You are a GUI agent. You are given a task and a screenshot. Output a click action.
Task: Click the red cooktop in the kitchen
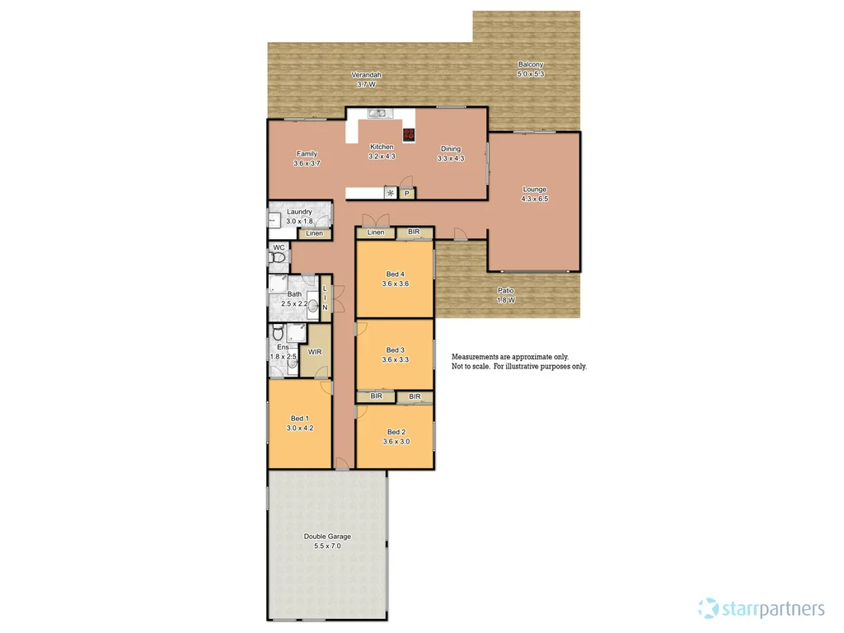[x=409, y=134]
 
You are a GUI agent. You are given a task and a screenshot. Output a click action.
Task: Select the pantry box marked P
[x=406, y=194]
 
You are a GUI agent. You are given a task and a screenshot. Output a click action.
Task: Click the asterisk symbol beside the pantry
[x=391, y=194]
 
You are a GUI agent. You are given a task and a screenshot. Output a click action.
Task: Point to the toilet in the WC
[x=278, y=259]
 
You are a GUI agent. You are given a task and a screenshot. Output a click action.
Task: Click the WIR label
[x=315, y=352]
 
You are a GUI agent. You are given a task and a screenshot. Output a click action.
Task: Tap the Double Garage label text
[x=327, y=537]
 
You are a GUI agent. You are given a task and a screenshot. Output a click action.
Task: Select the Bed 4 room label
[x=396, y=274]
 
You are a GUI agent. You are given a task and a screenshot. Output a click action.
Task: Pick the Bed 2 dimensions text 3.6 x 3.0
[x=396, y=442]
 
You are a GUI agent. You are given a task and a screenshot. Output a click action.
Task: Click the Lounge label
[x=534, y=190]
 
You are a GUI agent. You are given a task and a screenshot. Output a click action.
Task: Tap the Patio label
[x=506, y=290]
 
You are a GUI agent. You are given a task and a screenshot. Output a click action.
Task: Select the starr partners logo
[x=761, y=609]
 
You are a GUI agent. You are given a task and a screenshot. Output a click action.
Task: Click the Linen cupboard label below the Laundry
[x=314, y=234]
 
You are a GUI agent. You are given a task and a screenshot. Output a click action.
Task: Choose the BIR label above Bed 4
[x=414, y=232]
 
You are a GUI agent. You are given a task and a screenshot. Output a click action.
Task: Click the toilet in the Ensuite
[x=277, y=334]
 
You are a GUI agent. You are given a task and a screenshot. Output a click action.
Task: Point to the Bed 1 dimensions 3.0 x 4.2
[x=300, y=429]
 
